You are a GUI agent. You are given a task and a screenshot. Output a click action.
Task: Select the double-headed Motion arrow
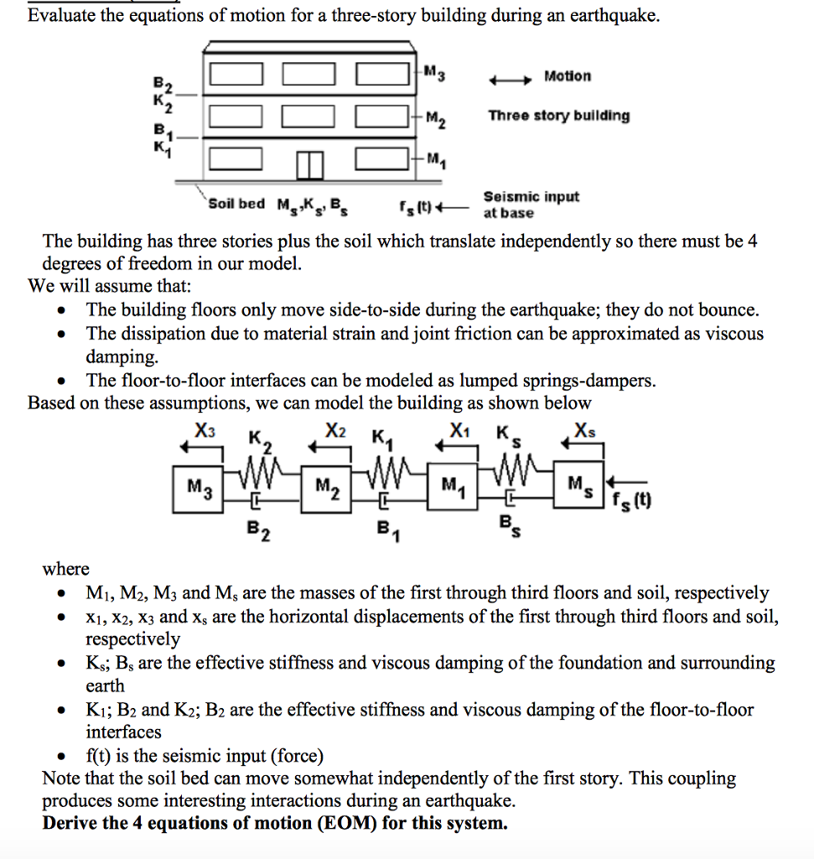511,80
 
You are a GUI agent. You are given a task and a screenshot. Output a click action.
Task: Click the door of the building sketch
308,166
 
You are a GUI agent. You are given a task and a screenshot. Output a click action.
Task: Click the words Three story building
558,116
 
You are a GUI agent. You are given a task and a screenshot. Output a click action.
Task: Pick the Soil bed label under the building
236,204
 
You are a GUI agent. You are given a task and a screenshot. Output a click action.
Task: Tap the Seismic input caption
531,197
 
